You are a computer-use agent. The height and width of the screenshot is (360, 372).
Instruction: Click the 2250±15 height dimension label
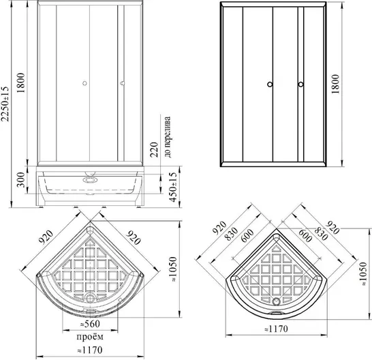tap(5, 104)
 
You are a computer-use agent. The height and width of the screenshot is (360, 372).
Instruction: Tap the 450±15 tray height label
tap(174, 187)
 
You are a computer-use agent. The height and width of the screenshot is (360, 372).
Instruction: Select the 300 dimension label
tap(21, 180)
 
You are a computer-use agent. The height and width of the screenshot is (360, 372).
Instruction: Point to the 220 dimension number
tap(154, 149)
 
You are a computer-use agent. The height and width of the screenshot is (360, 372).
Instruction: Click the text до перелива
tap(168, 137)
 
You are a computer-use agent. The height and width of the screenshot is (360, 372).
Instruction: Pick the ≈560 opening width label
tap(90, 324)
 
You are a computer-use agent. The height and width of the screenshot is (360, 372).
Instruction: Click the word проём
tap(90, 337)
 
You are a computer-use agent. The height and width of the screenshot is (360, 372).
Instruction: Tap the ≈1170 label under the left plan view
tap(90, 350)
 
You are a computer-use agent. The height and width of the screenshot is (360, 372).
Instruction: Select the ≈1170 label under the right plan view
tap(276, 329)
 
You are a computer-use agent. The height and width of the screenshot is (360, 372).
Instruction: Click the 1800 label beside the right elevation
tap(335, 84)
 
